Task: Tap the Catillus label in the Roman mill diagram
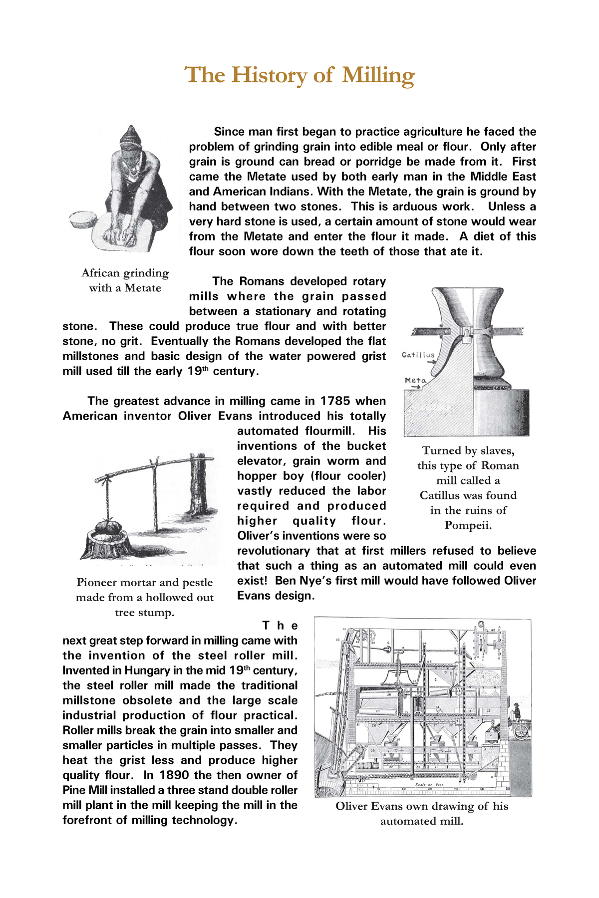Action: (x=418, y=355)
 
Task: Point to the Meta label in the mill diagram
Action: (x=415, y=380)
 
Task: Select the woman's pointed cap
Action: (x=131, y=137)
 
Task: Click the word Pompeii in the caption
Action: (x=468, y=525)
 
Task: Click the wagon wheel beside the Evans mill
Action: (x=521, y=732)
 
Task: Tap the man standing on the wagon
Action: (x=516, y=711)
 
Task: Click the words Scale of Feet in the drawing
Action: (x=429, y=785)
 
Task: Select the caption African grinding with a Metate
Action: (x=125, y=280)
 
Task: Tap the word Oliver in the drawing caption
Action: (x=353, y=806)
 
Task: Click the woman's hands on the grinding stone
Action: (x=120, y=235)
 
